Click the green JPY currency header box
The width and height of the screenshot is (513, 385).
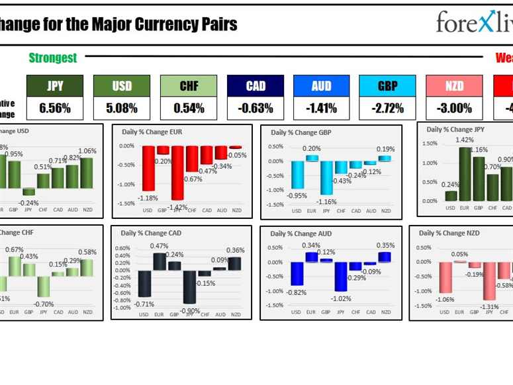click(55, 86)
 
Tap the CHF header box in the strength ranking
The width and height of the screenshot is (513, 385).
click(189, 86)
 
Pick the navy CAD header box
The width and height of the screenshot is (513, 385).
click(256, 86)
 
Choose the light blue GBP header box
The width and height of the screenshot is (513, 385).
click(388, 86)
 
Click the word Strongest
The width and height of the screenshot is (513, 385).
click(53, 58)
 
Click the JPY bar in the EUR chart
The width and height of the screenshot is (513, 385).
click(177, 173)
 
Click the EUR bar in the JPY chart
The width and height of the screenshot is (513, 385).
click(465, 173)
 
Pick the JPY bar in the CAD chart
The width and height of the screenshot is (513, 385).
click(190, 287)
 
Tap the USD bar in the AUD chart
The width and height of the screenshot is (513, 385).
click(297, 274)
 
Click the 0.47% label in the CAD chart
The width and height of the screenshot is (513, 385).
click(159, 246)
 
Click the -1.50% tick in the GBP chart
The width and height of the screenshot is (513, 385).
click(275, 205)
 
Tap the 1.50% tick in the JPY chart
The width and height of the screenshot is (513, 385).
click(429, 144)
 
